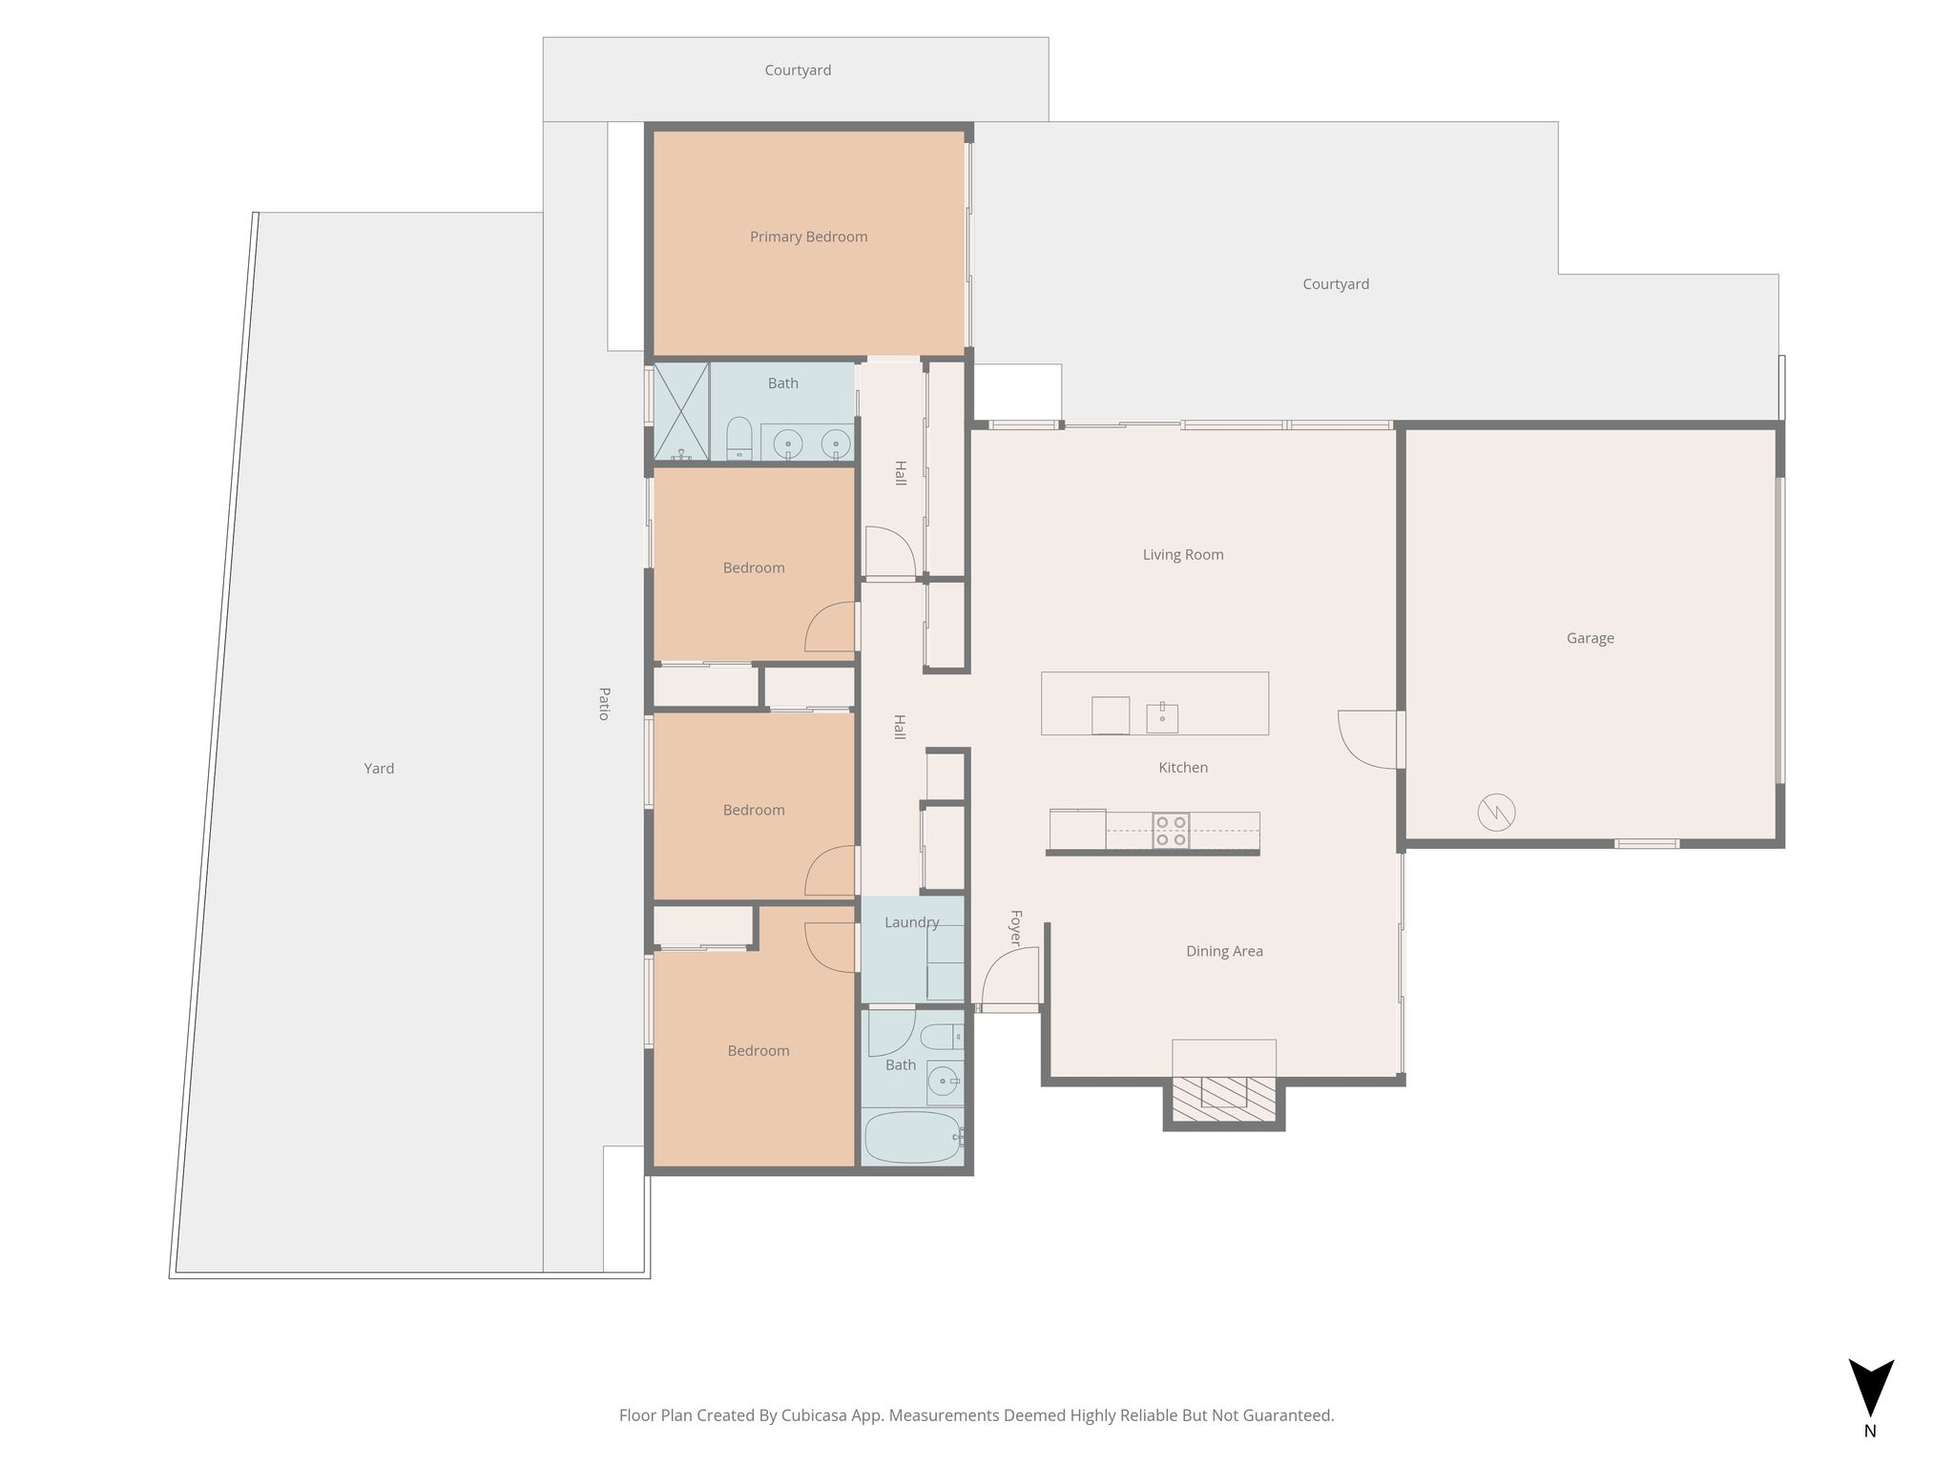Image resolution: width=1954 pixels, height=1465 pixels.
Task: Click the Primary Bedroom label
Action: pyautogui.click(x=808, y=237)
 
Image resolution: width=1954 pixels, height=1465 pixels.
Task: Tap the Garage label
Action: pyautogui.click(x=1590, y=638)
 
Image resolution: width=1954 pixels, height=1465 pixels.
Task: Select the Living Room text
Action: pyautogui.click(x=1183, y=554)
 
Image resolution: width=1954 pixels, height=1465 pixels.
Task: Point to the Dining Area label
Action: pyautogui.click(x=1224, y=951)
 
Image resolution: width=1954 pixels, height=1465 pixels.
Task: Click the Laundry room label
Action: pyautogui.click(x=911, y=922)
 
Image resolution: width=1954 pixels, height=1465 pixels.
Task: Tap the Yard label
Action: pyautogui.click(x=379, y=768)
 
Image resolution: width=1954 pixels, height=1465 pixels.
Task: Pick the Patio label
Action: pyautogui.click(x=604, y=703)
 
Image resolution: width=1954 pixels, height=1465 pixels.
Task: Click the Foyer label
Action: pyautogui.click(x=1016, y=928)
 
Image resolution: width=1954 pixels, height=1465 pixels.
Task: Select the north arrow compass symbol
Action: pyautogui.click(x=1871, y=1389)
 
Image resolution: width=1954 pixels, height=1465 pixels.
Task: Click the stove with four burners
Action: pyautogui.click(x=1171, y=830)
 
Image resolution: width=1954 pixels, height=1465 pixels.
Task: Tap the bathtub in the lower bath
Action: pyautogui.click(x=912, y=1138)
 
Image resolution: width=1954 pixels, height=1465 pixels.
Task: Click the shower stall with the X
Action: pyautogui.click(x=681, y=411)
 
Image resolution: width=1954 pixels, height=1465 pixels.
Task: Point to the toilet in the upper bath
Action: pyautogui.click(x=739, y=439)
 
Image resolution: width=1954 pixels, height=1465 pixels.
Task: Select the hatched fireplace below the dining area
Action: pyautogui.click(x=1224, y=1099)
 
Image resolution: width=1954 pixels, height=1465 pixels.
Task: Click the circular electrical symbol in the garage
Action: pyautogui.click(x=1496, y=813)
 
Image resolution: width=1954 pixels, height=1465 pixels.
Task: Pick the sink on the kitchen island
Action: pyautogui.click(x=1162, y=717)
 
